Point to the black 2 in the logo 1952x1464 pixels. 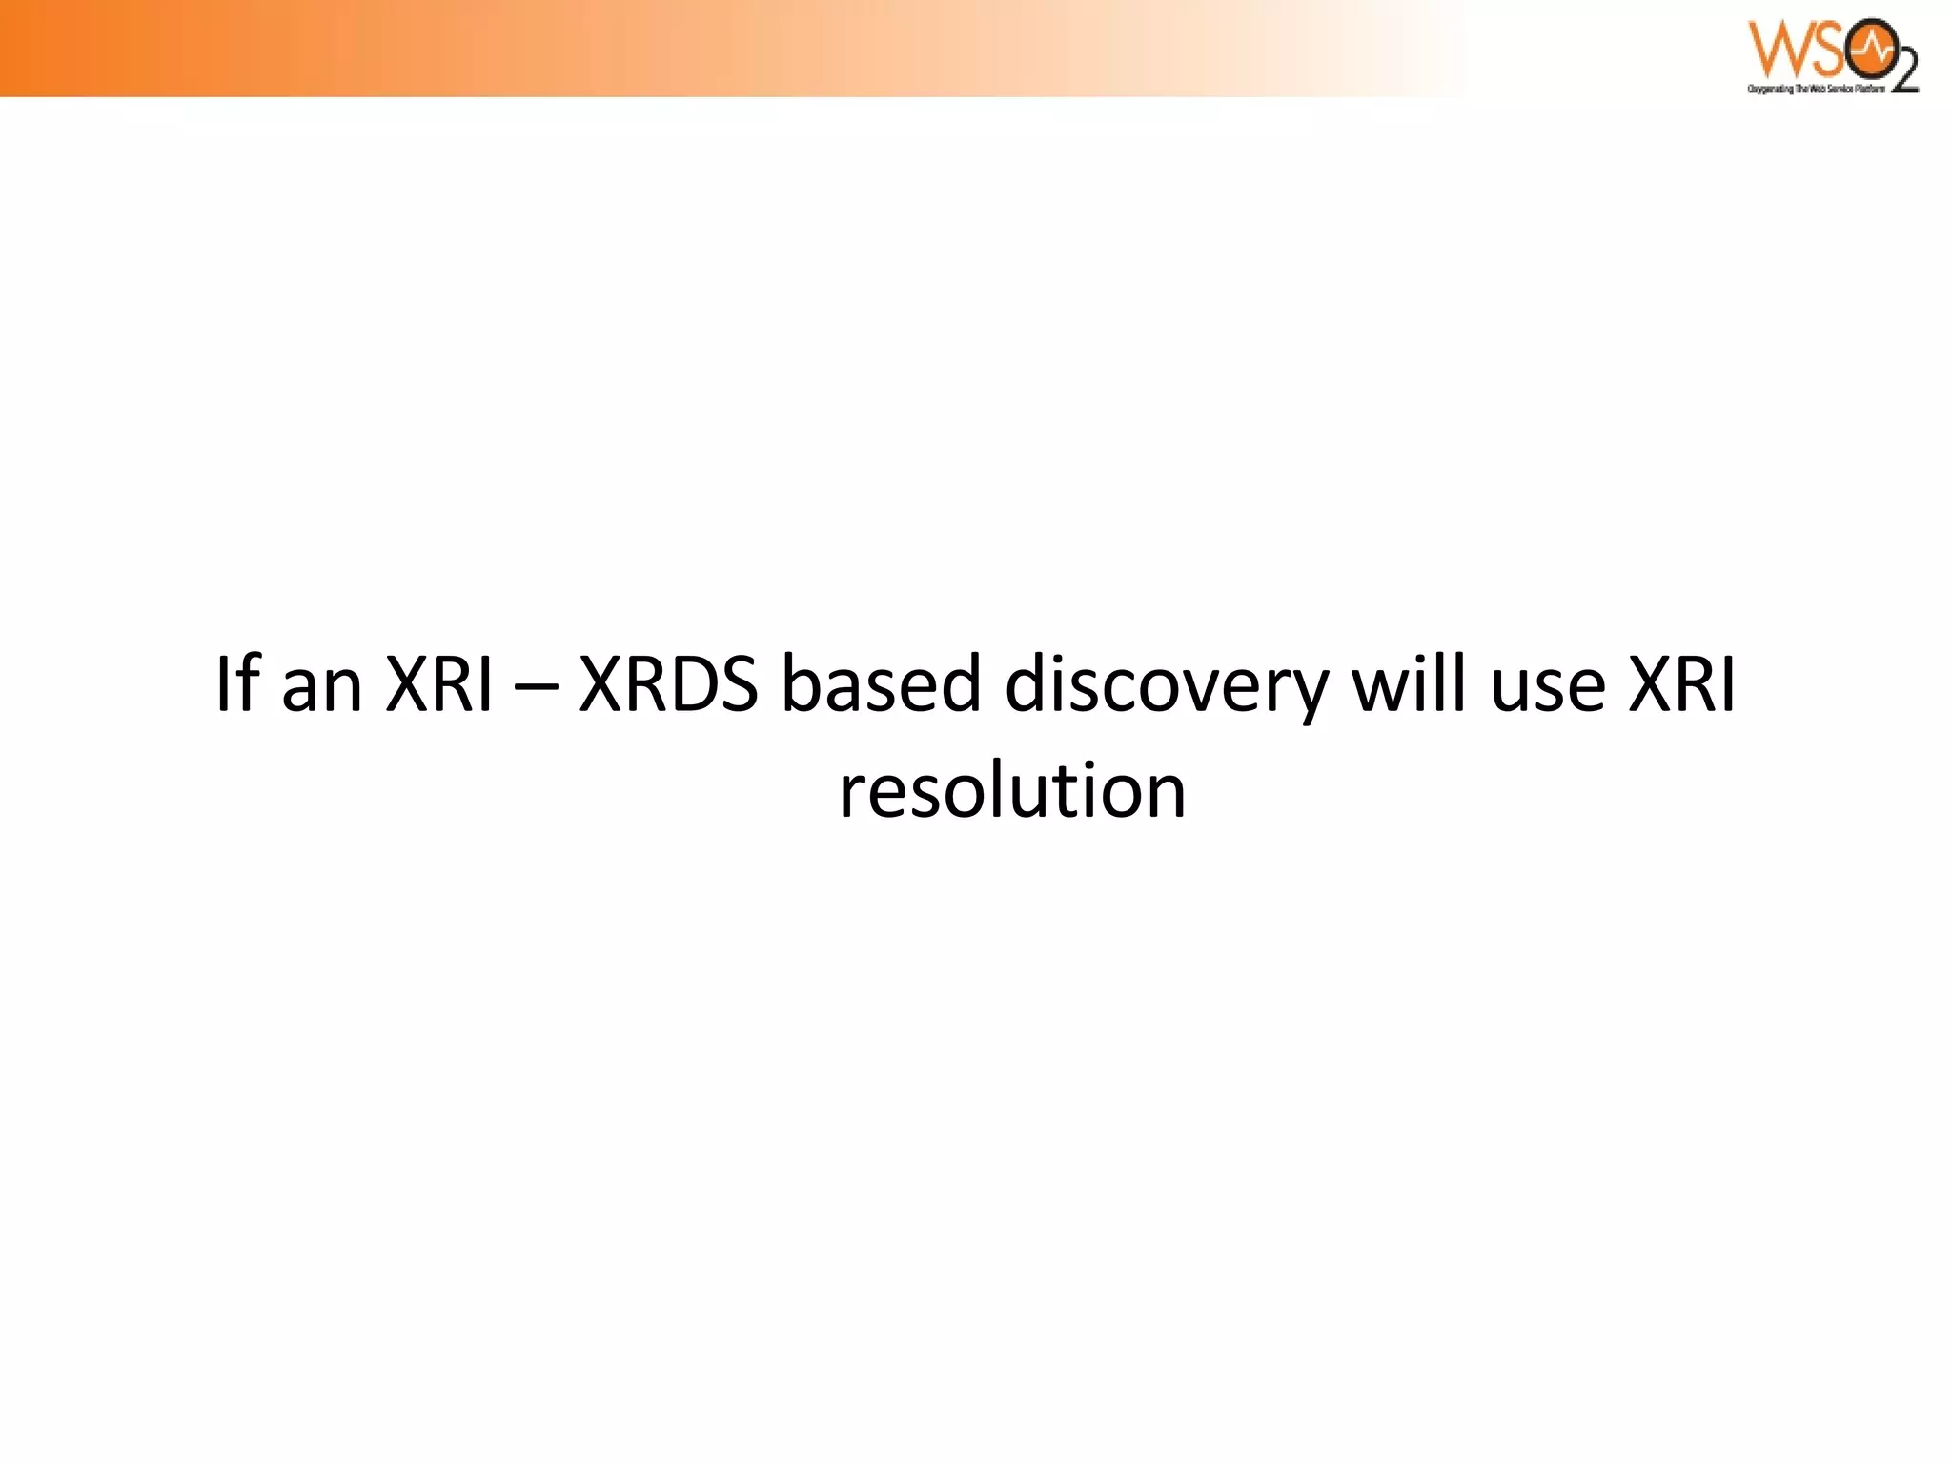click(1902, 72)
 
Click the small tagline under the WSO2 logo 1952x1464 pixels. click(1816, 89)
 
